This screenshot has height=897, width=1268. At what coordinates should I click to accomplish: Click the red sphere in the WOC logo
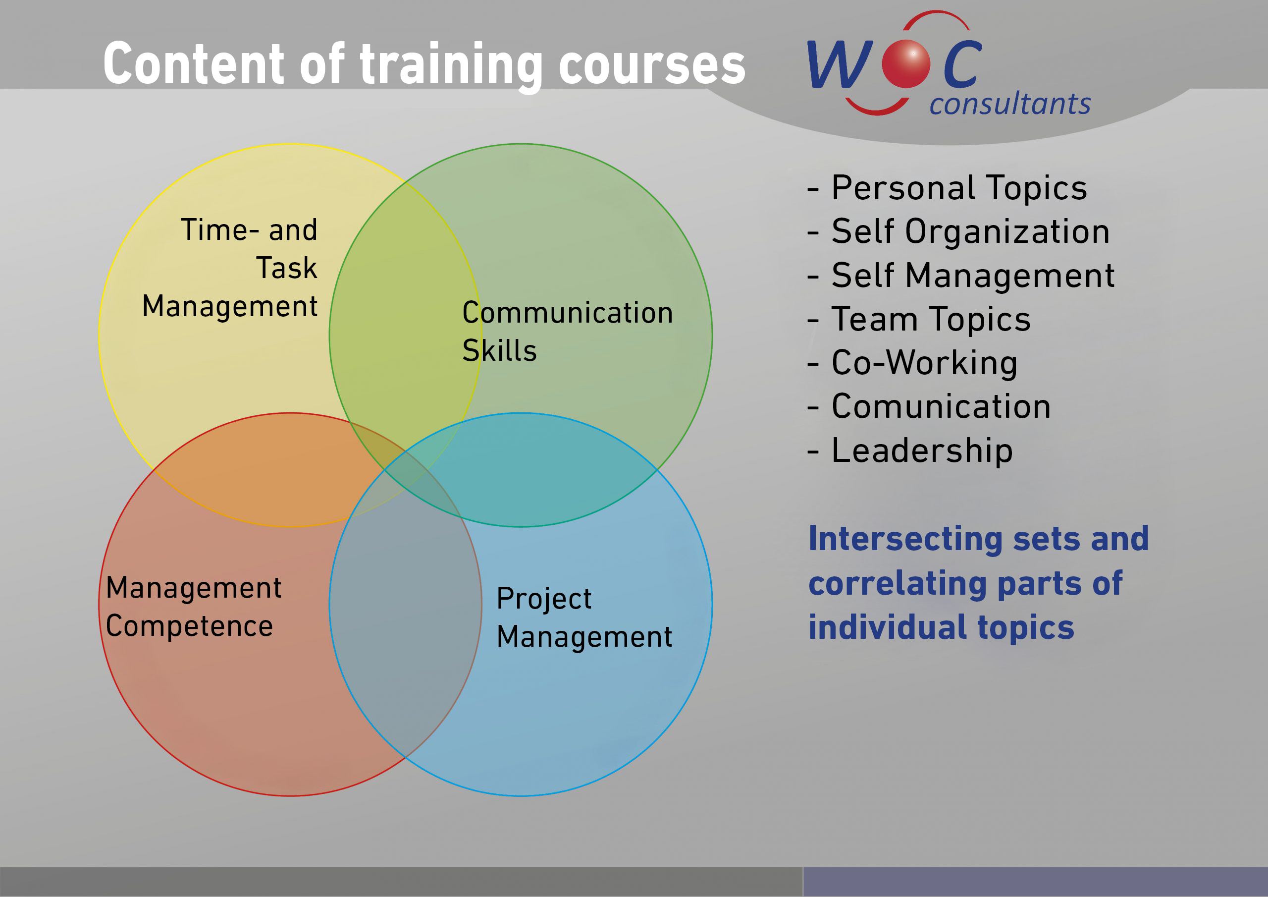(x=906, y=64)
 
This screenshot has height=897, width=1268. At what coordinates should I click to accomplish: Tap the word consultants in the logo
(x=1010, y=104)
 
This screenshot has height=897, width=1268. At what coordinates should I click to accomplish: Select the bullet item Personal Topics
(x=947, y=188)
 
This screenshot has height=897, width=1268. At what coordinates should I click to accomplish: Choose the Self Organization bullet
(x=958, y=231)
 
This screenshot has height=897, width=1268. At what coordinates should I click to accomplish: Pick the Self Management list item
(x=961, y=275)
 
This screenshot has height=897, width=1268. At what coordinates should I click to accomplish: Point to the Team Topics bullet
(x=919, y=320)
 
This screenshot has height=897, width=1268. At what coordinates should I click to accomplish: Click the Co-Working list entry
(x=912, y=363)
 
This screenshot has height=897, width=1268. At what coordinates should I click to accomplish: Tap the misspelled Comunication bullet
(x=929, y=407)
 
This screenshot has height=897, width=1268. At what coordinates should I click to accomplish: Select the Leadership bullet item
(x=910, y=450)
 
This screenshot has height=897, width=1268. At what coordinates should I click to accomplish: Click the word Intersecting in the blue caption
(x=906, y=539)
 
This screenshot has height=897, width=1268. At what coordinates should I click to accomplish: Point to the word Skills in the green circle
(x=499, y=350)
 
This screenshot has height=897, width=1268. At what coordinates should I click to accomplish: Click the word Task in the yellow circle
(x=287, y=268)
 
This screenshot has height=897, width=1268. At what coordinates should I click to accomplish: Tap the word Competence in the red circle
(x=189, y=626)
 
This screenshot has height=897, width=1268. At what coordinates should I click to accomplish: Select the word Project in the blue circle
(x=544, y=599)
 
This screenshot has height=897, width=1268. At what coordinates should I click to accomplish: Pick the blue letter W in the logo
(x=840, y=64)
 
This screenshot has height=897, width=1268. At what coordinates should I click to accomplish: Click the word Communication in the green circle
(x=568, y=313)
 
